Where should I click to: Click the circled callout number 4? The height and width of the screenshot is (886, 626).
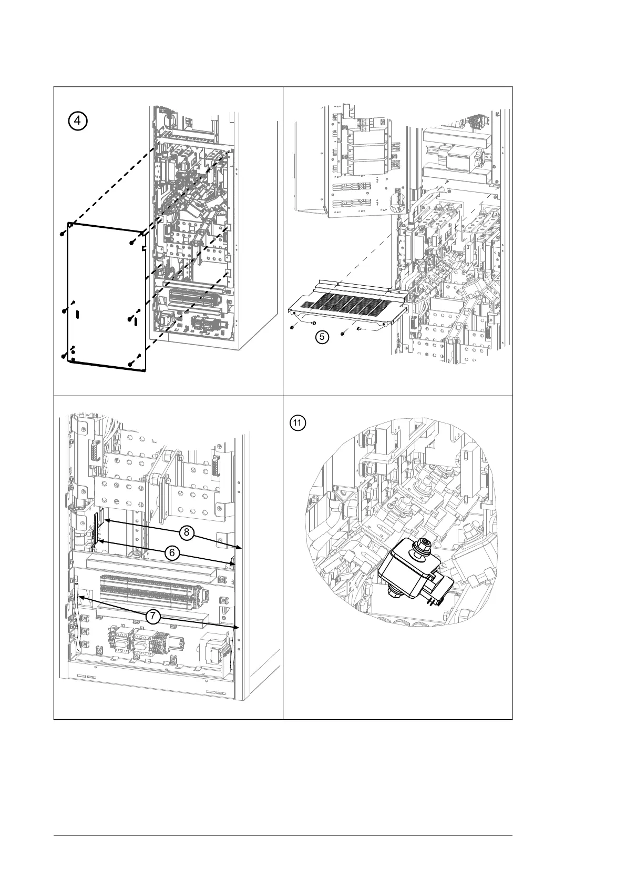pyautogui.click(x=77, y=120)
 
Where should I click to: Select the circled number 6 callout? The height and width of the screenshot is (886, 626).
pyautogui.click(x=170, y=552)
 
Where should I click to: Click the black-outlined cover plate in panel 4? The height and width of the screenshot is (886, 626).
pyautogui.click(x=105, y=295)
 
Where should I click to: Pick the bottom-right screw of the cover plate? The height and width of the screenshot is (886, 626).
pyautogui.click(x=130, y=364)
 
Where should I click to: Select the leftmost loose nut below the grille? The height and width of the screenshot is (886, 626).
pyautogui.click(x=292, y=327)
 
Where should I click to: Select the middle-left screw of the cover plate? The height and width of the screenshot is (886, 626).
pyautogui.click(x=64, y=311)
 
